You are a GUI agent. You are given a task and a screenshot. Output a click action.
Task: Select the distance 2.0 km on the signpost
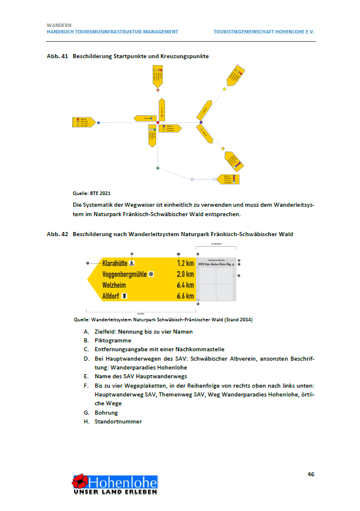185,274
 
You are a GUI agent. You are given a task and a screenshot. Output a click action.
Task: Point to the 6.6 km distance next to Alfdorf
185,296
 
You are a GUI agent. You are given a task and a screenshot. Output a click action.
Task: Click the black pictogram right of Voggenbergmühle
152,274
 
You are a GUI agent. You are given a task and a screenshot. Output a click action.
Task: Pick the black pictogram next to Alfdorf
125,297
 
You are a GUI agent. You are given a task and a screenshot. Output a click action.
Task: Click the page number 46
311,473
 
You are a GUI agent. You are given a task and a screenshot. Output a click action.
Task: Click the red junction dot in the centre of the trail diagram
157,122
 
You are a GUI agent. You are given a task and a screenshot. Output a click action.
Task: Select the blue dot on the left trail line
99,122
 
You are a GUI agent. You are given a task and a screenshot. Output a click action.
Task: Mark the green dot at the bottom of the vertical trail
157,169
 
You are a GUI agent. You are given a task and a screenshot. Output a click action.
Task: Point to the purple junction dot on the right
201,122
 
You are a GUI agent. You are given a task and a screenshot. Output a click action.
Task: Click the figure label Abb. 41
58,56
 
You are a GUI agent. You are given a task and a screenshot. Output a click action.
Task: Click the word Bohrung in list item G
106,413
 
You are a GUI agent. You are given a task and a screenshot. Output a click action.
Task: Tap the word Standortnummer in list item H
117,421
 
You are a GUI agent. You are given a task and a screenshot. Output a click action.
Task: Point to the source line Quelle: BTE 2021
92,193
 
